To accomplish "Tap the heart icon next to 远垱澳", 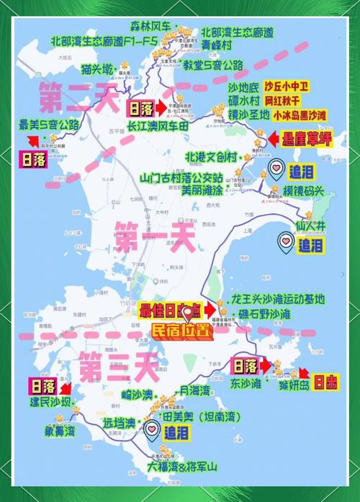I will pyautogui.click(x=152, y=431).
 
